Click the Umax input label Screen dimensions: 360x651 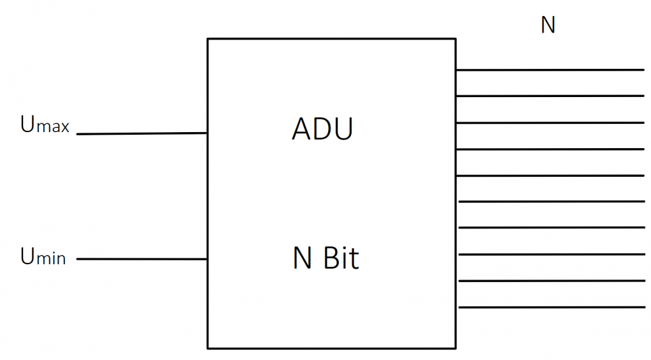[x=45, y=124]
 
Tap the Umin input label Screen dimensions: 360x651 [x=43, y=257]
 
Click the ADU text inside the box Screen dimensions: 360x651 [x=322, y=130]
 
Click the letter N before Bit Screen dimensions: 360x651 [x=302, y=258]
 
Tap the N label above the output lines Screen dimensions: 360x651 [x=548, y=25]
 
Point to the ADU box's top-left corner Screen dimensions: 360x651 [x=208, y=39]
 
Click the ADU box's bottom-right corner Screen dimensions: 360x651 [x=456, y=348]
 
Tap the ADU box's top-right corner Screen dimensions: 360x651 [x=456, y=39]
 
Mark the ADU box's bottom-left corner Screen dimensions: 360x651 [x=208, y=348]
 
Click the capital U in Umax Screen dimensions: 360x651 [x=27, y=124]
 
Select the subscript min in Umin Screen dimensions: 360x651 [x=50, y=259]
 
